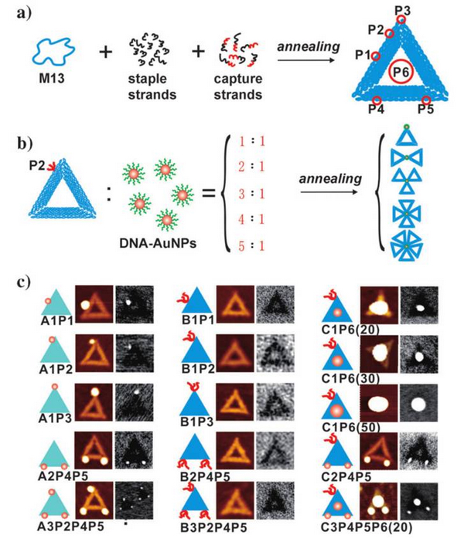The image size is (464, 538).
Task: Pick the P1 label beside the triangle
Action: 362,56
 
